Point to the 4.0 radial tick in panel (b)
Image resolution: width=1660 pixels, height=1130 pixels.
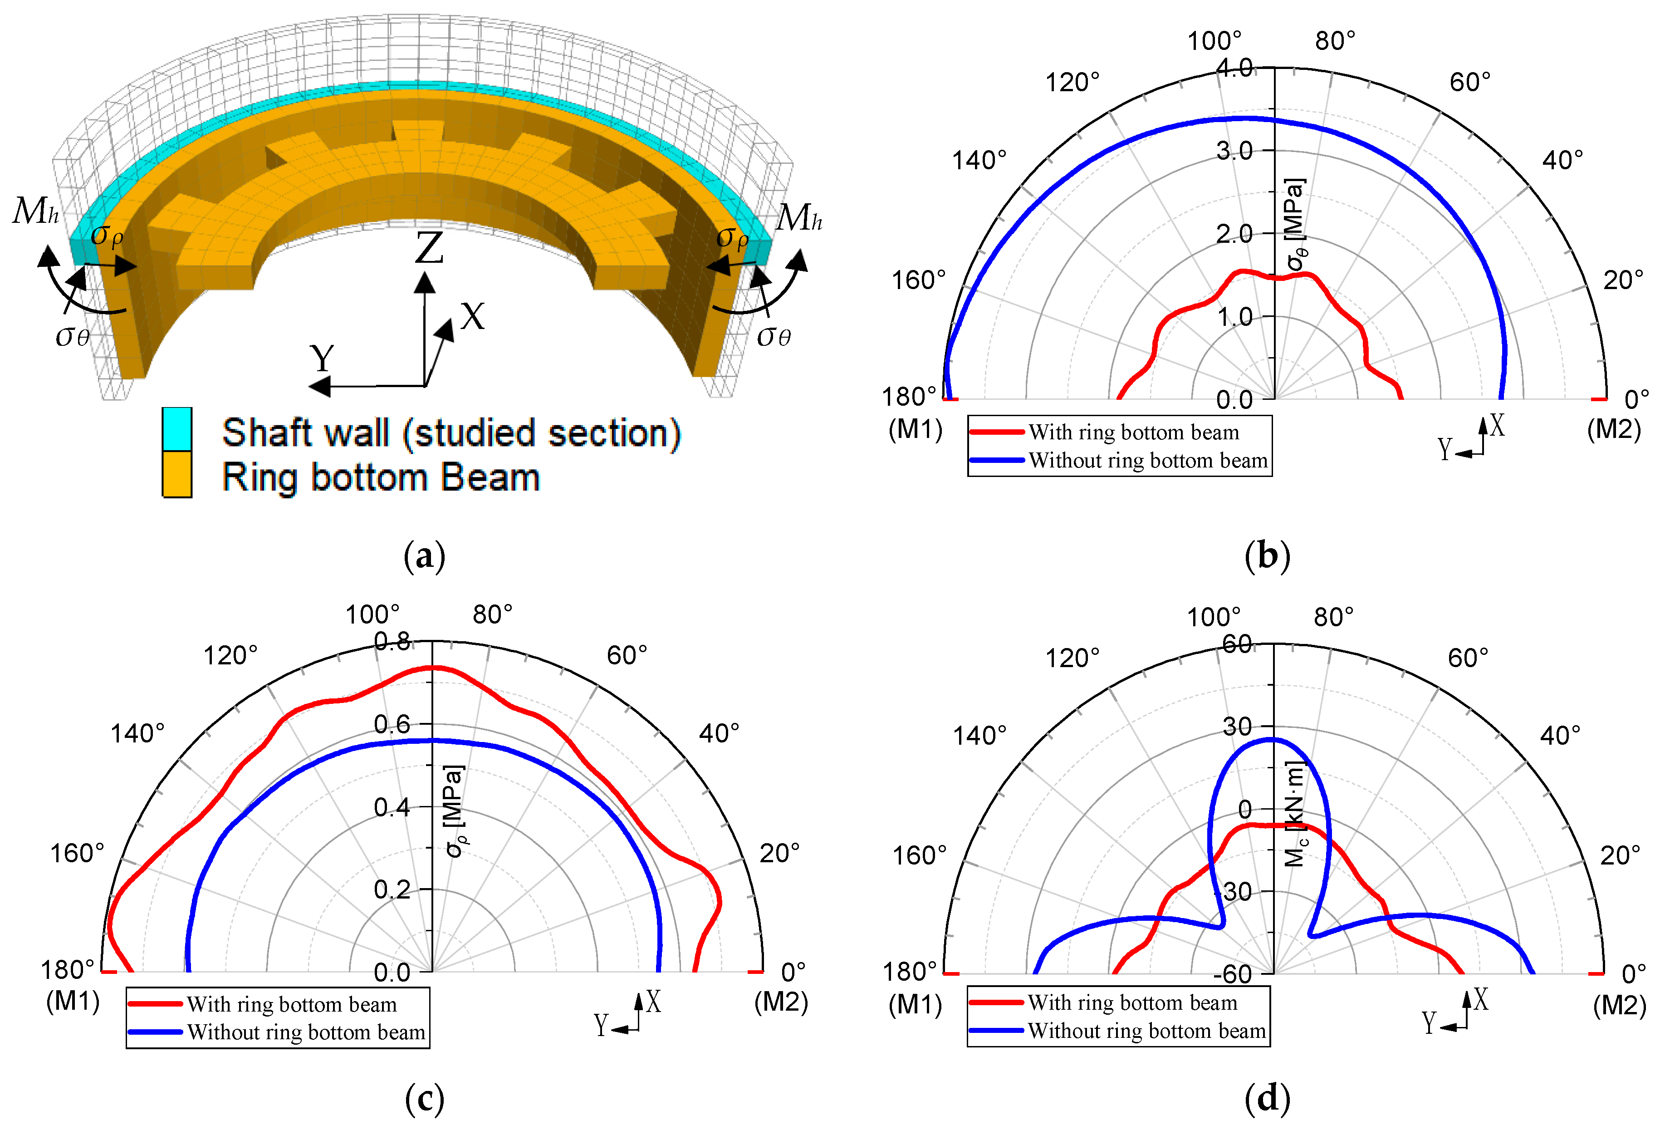[1234, 68]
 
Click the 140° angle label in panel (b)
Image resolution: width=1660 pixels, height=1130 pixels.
[979, 160]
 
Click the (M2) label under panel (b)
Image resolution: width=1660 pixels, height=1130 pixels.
[1614, 429]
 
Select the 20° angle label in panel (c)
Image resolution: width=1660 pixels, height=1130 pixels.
[779, 853]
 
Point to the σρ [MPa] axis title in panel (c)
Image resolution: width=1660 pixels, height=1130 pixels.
[455, 811]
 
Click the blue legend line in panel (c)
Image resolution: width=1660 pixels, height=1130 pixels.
[155, 1032]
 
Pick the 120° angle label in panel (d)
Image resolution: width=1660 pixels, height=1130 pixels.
[1072, 658]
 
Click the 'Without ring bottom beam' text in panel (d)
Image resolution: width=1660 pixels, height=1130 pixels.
[1146, 1031]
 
